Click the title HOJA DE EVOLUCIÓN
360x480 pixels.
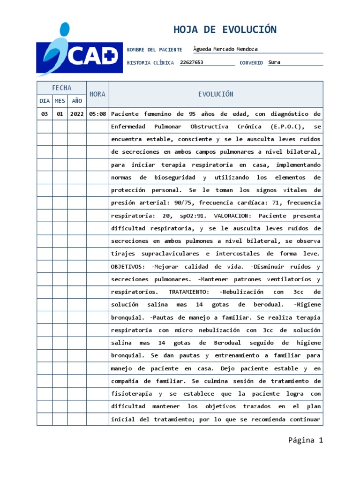click(225, 30)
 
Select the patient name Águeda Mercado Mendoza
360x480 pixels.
click(225, 49)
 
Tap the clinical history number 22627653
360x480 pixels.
click(192, 62)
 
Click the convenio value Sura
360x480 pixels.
click(274, 62)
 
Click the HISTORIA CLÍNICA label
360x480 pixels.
click(150, 63)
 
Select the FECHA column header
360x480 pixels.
click(61, 88)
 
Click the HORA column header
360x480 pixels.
click(97, 94)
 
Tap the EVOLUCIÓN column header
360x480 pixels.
click(216, 94)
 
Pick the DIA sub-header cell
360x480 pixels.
click(45, 101)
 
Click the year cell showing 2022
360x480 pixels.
click(76, 114)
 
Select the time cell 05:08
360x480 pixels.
click(97, 114)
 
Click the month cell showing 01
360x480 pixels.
click(60, 114)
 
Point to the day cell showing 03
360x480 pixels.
click(45, 114)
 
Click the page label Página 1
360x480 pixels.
click(306, 440)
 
